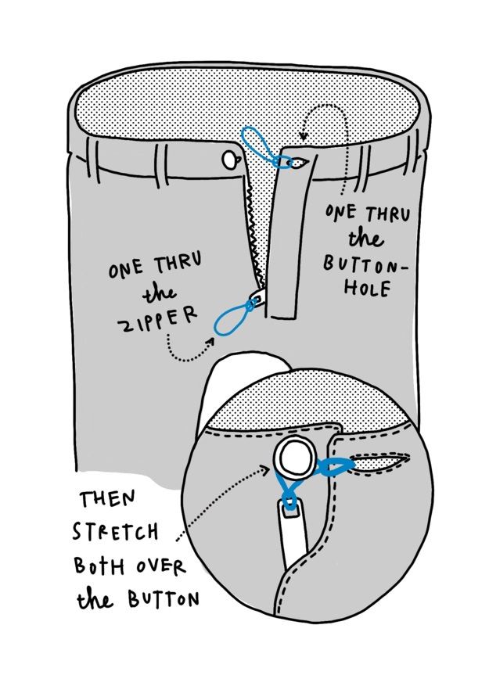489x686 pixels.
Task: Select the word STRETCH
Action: pyautogui.click(x=116, y=532)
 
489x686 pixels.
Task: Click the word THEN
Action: pyautogui.click(x=107, y=498)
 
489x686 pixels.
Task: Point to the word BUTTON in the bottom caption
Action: pyautogui.click(x=164, y=598)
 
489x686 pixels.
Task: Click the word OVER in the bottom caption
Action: pyautogui.click(x=160, y=566)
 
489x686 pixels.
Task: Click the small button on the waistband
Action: pyautogui.click(x=229, y=160)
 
